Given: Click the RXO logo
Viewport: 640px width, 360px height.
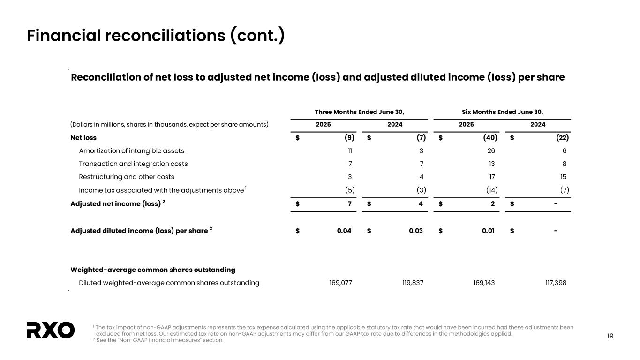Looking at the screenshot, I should [x=50, y=330].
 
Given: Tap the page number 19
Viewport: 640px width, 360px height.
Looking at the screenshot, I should [x=610, y=336].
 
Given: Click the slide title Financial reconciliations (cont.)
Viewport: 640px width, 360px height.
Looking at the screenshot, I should [x=156, y=36].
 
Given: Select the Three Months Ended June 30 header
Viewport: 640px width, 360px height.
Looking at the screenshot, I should [x=360, y=112].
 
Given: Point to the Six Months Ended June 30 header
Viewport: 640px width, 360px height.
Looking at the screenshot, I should [x=502, y=112].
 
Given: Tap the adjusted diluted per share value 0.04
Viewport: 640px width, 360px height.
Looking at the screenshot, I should [x=344, y=230].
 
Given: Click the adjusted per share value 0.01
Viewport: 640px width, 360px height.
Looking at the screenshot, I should [x=488, y=230].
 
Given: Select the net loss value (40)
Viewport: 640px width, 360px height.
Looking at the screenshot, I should [x=490, y=138].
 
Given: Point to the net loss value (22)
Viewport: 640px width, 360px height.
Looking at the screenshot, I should [x=562, y=138].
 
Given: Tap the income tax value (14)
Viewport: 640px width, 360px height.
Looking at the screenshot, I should [x=490, y=190].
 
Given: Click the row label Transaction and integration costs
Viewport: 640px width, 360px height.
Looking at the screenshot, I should [x=133, y=164].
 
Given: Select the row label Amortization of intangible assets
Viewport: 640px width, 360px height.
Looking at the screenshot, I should [x=131, y=151].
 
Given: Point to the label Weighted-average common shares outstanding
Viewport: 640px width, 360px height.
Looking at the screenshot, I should [x=153, y=270].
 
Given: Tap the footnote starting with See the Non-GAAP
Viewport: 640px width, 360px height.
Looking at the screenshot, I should [x=159, y=340].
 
